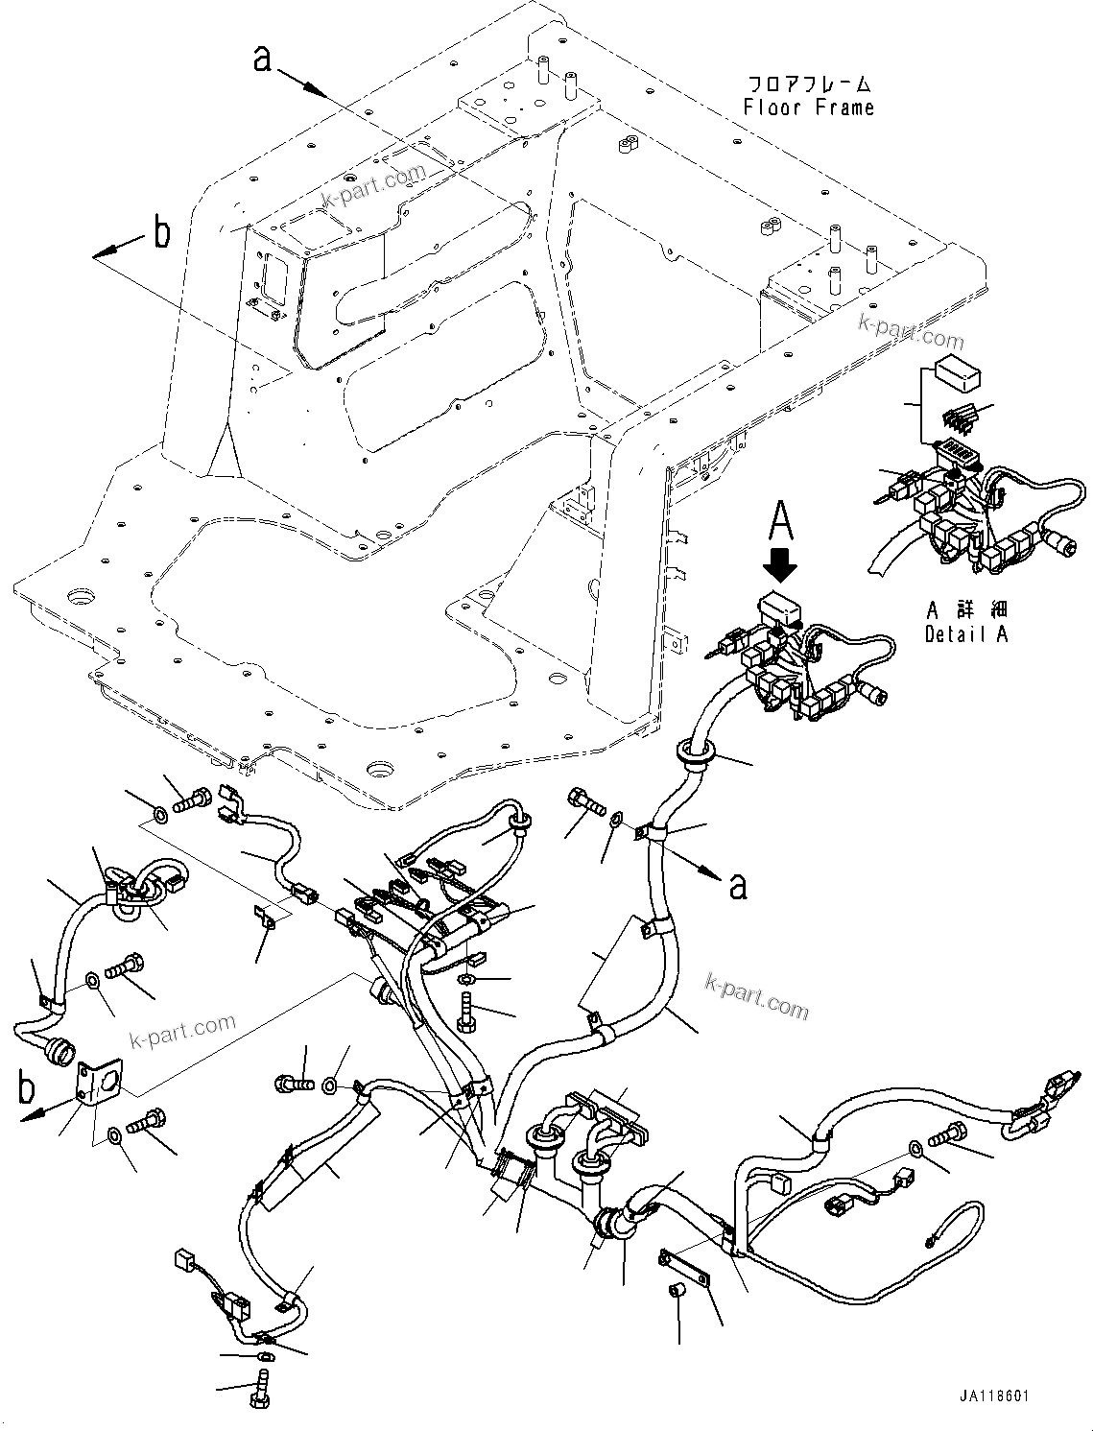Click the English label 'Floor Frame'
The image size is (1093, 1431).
pyautogui.click(x=809, y=107)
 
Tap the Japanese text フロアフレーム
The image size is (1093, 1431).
pyautogui.click(x=809, y=83)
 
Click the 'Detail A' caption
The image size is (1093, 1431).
pyautogui.click(x=966, y=634)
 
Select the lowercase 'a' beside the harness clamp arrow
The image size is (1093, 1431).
pyautogui.click(x=736, y=885)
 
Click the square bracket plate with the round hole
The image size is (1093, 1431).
pyautogui.click(x=95, y=1085)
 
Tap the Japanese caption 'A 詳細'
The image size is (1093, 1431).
pyautogui.click(x=966, y=610)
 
